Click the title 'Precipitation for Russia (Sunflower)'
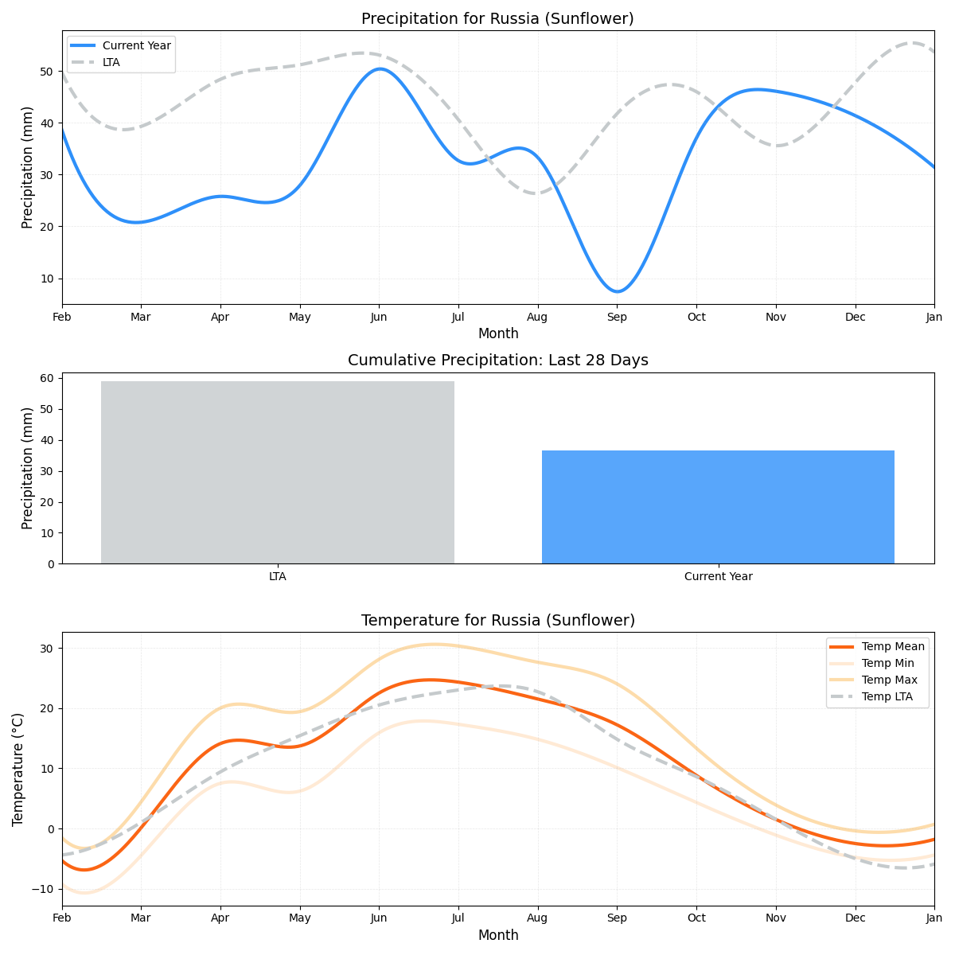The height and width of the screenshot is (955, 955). (497, 19)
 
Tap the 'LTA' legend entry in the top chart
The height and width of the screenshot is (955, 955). (111, 62)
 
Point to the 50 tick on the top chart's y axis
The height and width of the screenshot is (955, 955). (47, 72)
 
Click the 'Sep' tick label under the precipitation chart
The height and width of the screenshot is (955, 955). (617, 318)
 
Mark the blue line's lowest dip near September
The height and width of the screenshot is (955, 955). (618, 291)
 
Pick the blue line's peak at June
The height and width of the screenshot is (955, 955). (379, 68)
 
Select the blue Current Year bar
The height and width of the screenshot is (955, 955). (718, 507)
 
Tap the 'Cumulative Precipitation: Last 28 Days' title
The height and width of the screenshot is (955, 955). (497, 361)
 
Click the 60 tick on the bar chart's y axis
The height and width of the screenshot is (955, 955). (47, 379)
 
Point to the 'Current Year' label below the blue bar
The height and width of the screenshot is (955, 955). (718, 577)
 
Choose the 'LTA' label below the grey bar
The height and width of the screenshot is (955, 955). (277, 577)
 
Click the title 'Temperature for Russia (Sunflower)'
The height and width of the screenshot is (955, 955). (497, 621)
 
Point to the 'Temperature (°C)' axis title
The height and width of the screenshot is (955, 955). (18, 769)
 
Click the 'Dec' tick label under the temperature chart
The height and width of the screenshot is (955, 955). (856, 919)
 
